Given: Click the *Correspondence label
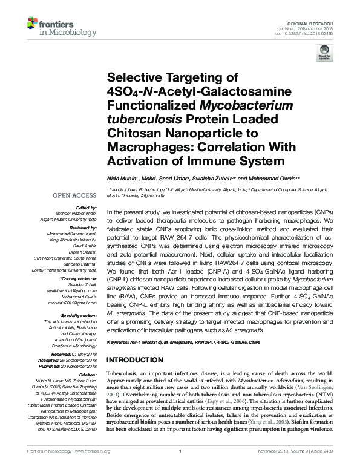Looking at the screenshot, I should (78, 279).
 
